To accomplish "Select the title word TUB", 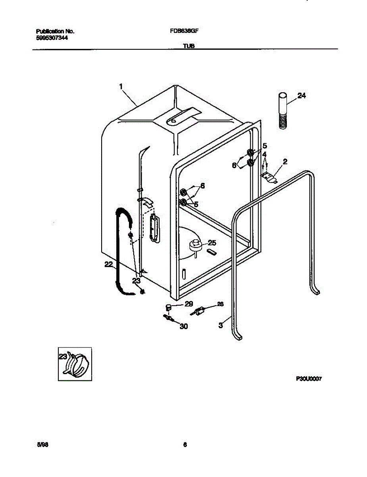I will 188,46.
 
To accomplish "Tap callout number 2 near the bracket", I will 285,161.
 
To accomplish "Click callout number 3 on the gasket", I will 221,325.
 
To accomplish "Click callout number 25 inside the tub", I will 212,243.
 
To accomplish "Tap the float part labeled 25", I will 195,245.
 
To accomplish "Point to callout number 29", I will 188,304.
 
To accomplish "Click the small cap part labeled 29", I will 168,307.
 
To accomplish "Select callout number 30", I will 184,327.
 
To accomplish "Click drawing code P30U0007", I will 308,379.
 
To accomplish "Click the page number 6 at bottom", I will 184,445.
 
